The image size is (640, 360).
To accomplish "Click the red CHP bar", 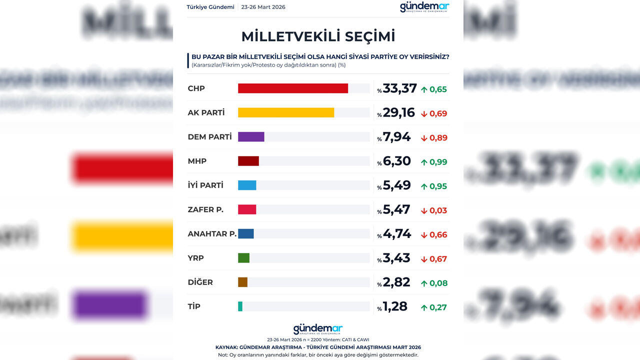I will pos(292,88).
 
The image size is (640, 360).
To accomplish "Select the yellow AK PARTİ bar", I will pos(285,112).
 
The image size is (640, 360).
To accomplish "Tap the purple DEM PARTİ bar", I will pos(251,137).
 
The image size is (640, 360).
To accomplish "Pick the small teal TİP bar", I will pos(240,306).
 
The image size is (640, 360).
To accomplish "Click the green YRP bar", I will pos(243,258).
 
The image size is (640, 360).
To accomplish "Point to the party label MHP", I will pos(197,161).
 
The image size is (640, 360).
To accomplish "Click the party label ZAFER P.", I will pos(205,209).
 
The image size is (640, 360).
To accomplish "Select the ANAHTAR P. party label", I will pos(212,233).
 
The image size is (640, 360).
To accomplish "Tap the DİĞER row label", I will pos(200,282).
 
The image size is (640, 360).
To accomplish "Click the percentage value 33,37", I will pos(399,88).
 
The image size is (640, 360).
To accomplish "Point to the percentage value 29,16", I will pos(398,112).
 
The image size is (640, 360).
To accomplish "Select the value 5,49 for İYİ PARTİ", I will pos(396,185).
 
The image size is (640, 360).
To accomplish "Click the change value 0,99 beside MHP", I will pos(438,162).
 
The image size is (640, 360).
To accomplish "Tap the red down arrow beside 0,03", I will pos(424,211).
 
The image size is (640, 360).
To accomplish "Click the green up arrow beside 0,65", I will pos(424,90).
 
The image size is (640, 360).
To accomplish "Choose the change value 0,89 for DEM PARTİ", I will pos(438,138).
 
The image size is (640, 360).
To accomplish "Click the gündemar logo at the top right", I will pos(424,7).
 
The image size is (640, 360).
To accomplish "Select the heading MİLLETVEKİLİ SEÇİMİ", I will pos(318,36).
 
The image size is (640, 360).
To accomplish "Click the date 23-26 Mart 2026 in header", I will pos(263,7).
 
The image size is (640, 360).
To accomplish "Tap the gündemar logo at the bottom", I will pos(318,329).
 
